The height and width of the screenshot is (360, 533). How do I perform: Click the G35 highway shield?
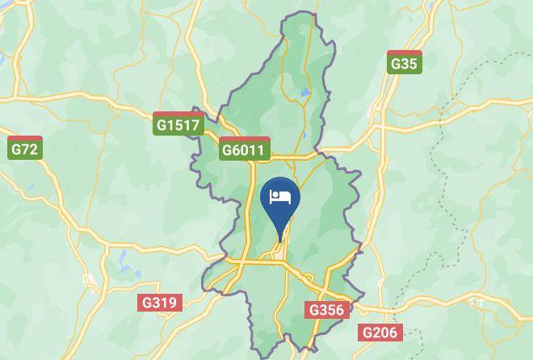point(404,62)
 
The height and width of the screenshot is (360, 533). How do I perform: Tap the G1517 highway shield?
point(178,124)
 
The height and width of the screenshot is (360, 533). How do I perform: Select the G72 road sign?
point(24,148)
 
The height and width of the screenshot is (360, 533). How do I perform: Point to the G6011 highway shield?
point(243,149)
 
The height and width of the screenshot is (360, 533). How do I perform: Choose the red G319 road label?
point(159,303)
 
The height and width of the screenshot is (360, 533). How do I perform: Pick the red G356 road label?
point(327,310)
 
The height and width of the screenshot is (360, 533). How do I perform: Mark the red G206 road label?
point(380,333)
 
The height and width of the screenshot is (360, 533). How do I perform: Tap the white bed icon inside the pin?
point(281,196)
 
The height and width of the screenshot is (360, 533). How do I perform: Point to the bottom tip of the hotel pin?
point(281,241)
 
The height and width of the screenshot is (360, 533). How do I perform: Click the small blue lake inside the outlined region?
point(304,94)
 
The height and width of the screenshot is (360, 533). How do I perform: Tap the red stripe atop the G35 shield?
point(404,52)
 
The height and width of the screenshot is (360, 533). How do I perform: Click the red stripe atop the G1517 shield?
point(178,115)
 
